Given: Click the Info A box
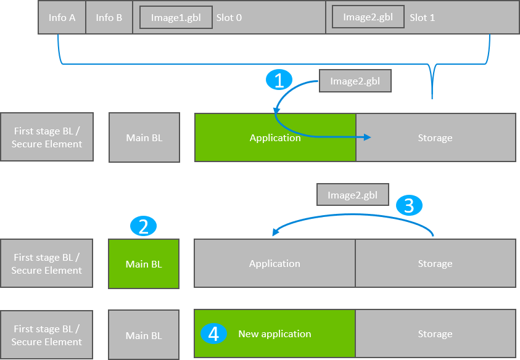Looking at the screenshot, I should pyautogui.click(x=62, y=17).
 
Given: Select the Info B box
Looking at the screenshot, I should pyautogui.click(x=109, y=17).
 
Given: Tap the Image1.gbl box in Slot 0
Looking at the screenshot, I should pyautogui.click(x=175, y=17).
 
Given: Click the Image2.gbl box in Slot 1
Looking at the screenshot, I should pyautogui.click(x=368, y=17).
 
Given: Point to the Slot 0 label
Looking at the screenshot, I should pyautogui.click(x=229, y=18).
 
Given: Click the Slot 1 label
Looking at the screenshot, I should pyautogui.click(x=422, y=18).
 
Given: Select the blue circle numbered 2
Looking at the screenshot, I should pyautogui.click(x=143, y=226).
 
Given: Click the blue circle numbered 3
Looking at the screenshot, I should pyautogui.click(x=408, y=205).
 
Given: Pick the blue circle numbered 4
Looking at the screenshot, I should pyautogui.click(x=213, y=334).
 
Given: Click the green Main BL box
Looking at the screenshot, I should pyautogui.click(x=144, y=264).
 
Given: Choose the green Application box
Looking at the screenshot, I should pyautogui.click(x=275, y=137).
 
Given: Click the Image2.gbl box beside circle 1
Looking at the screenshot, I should pyautogui.click(x=355, y=81).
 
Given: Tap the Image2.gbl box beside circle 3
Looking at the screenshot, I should pyautogui.click(x=352, y=195).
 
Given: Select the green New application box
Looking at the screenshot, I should pyautogui.click(x=275, y=334).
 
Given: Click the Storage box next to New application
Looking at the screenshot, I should pyautogui.click(x=435, y=334).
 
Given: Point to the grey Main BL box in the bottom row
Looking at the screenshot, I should pyautogui.click(x=144, y=335).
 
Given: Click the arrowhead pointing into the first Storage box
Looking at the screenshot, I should pyautogui.click(x=368, y=137).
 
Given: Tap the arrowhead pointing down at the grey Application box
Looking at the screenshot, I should pyautogui.click(x=275, y=233).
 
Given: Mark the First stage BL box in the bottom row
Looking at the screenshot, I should pyautogui.click(x=47, y=335).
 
